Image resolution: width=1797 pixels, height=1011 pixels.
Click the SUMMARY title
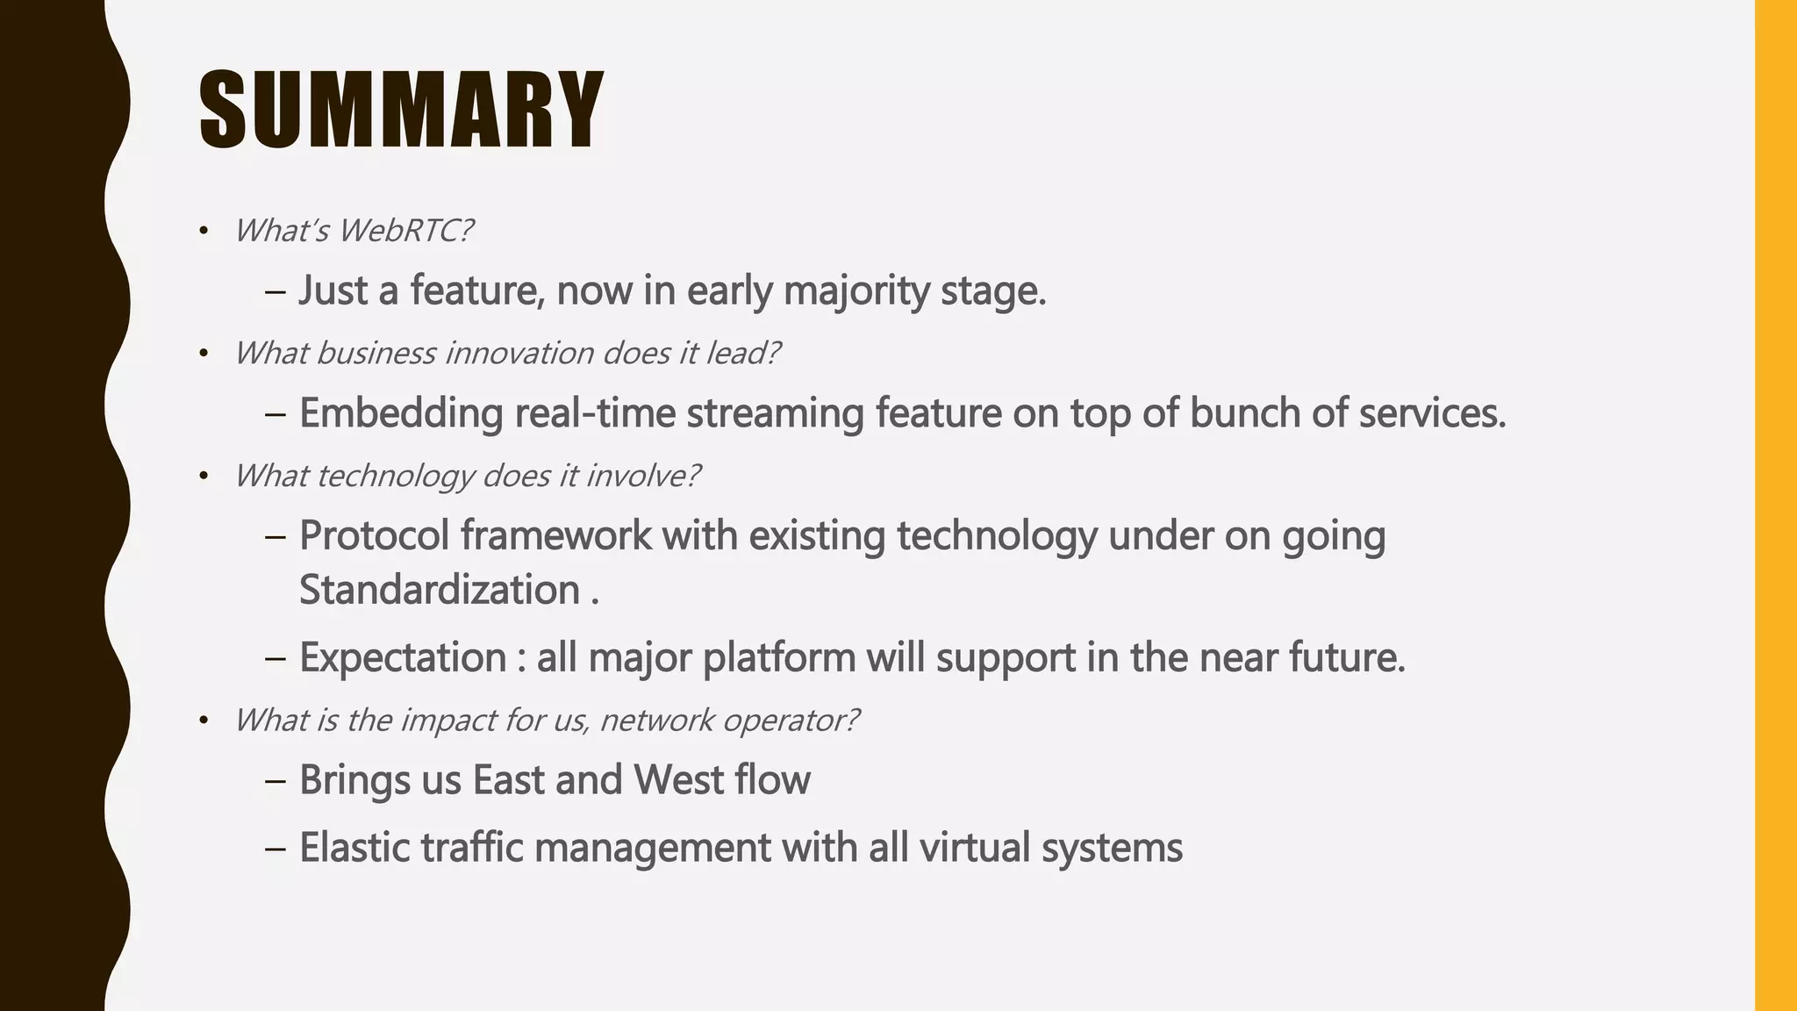point(401,111)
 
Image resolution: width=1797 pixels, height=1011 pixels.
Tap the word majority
point(856,290)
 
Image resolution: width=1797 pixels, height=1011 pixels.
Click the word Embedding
point(401,412)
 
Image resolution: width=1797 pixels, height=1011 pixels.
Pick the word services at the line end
point(1431,412)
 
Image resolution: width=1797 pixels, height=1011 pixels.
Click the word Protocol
point(375,535)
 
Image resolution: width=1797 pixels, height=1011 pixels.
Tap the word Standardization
point(440,589)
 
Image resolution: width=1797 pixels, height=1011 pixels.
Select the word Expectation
point(403,657)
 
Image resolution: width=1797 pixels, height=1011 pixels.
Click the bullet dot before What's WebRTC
point(204,232)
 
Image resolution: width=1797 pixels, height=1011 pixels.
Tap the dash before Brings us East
point(275,780)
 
